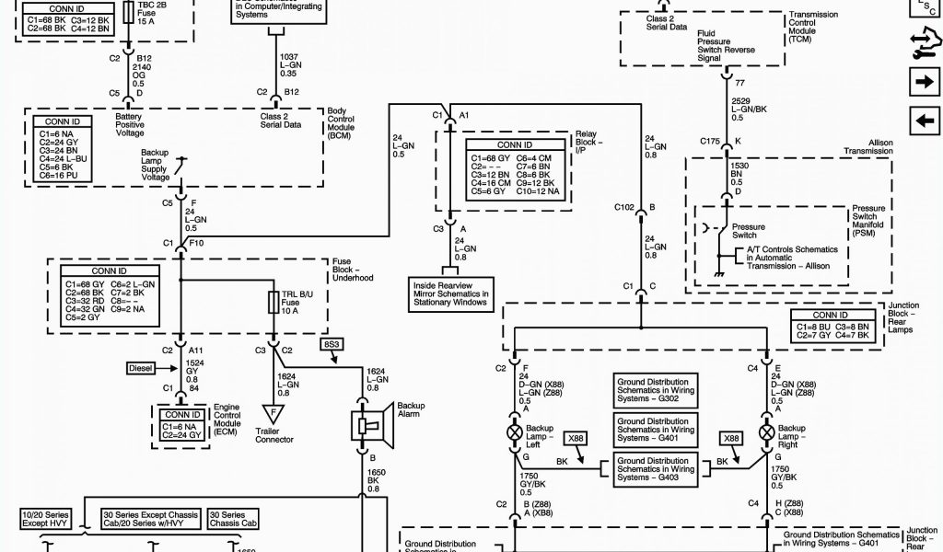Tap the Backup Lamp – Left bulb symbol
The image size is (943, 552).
click(x=514, y=431)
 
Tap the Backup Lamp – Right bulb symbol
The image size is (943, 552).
click(x=765, y=431)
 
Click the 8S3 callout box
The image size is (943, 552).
click(x=332, y=344)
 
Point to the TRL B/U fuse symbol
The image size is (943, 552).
click(x=274, y=303)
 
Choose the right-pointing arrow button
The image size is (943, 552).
click(x=921, y=83)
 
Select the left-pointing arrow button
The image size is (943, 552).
click(x=921, y=120)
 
